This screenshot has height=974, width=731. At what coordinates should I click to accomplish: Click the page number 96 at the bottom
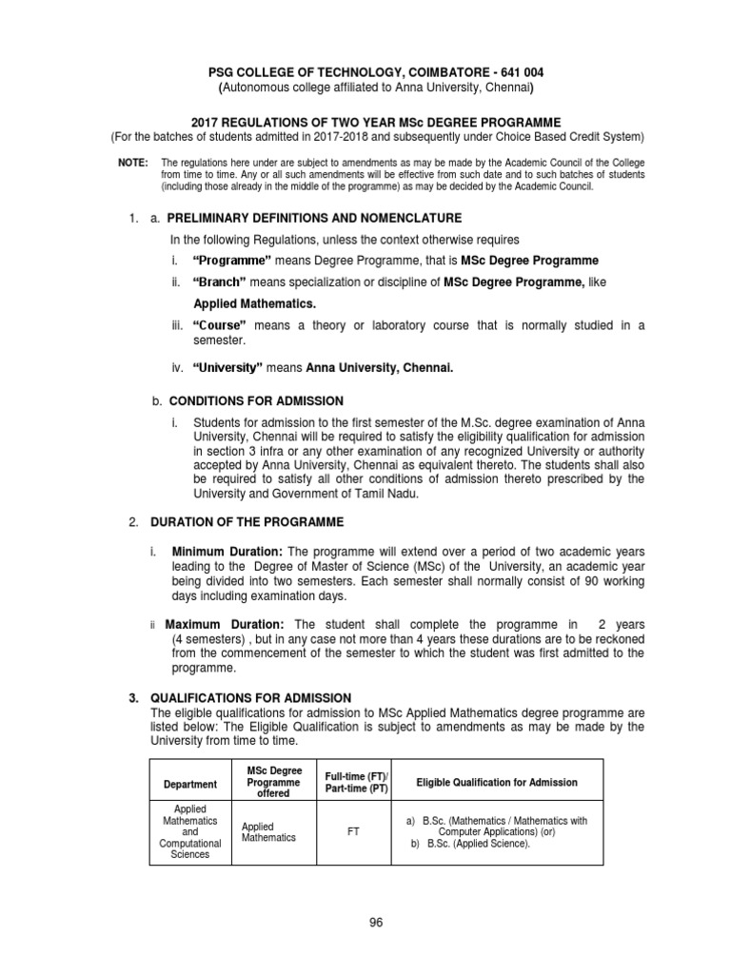[x=374, y=922]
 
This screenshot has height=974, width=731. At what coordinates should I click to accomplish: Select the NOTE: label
[x=133, y=164]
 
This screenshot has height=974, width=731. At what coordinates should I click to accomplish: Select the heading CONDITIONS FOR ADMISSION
[x=256, y=401]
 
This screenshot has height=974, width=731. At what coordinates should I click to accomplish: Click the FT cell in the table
[x=353, y=830]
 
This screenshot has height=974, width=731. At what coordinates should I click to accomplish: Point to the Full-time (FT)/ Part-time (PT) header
[x=352, y=782]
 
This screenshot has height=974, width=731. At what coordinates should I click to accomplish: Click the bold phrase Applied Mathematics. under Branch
[x=254, y=303]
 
